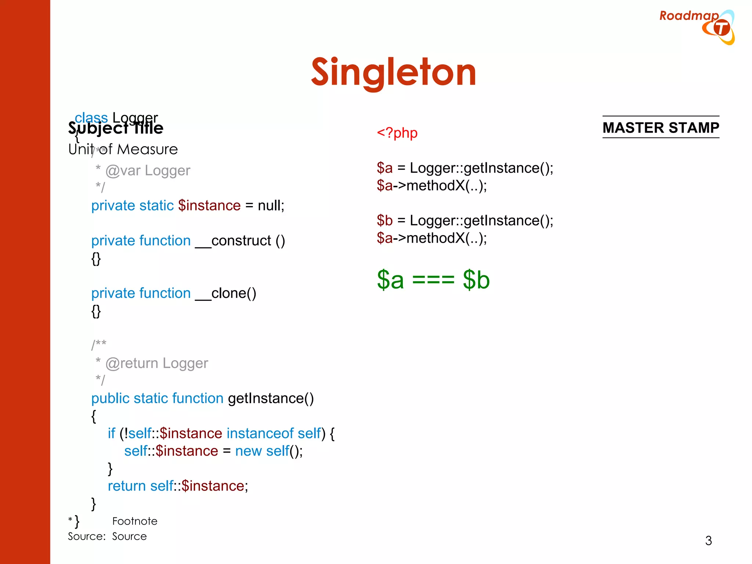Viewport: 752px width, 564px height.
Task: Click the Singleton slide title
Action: (x=393, y=73)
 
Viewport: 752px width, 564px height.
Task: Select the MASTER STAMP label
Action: (x=661, y=128)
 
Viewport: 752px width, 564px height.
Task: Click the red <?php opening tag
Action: (x=397, y=133)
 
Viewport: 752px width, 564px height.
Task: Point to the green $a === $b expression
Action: (x=433, y=280)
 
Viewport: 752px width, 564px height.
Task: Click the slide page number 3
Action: (x=708, y=540)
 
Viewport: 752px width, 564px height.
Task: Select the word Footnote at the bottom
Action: (x=135, y=521)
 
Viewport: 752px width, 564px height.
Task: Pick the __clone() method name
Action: (x=225, y=293)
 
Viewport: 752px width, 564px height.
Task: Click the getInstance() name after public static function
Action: (x=271, y=398)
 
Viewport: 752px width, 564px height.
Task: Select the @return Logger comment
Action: (x=156, y=363)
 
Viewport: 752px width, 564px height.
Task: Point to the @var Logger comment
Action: (x=148, y=171)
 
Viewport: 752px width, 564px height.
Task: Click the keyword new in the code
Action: (x=248, y=451)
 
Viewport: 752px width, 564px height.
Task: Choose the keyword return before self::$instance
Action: (x=127, y=486)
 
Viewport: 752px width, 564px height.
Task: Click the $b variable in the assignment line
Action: (x=384, y=221)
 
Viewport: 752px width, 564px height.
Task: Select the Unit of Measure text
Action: (x=123, y=149)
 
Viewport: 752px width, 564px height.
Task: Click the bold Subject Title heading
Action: (x=116, y=129)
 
